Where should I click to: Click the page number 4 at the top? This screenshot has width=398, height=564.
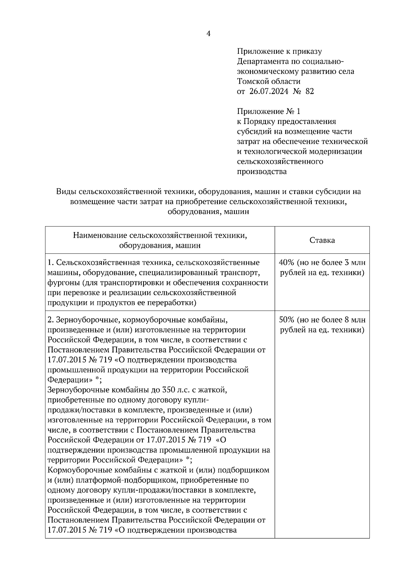[209, 34]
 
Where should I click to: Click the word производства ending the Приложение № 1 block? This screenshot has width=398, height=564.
[262, 172]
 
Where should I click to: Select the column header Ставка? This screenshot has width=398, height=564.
[322, 240]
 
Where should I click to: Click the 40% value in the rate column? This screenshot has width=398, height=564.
[287, 263]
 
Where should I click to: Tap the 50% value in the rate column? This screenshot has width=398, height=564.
[287, 320]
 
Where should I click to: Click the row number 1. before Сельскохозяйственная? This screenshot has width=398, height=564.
[50, 263]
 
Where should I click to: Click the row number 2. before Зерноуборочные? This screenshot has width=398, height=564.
[50, 320]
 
